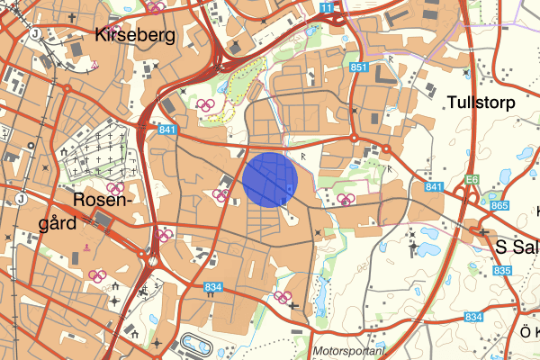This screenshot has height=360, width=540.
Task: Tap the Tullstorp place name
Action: coord(481,103)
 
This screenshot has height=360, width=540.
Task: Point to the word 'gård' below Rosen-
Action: coord(68,221)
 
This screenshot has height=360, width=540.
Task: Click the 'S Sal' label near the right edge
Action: coord(517,245)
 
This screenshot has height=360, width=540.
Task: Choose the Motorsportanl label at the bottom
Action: coord(349,351)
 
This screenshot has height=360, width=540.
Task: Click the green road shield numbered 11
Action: coord(326,8)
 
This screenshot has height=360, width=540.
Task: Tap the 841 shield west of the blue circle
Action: coord(166,130)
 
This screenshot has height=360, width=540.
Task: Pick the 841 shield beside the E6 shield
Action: coord(434,186)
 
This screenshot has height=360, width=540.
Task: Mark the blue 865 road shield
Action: coord(500,206)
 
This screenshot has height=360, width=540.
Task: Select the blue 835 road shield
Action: coord(502,271)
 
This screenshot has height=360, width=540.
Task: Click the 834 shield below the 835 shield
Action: coord(474,317)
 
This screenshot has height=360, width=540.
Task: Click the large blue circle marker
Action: coord(270,180)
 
